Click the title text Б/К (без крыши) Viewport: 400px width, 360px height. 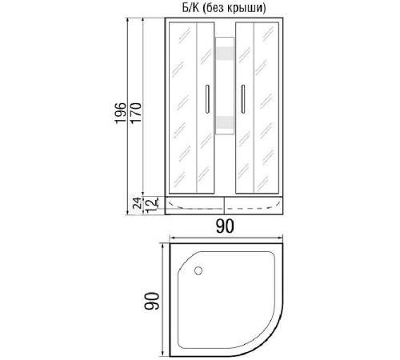pos(224,8)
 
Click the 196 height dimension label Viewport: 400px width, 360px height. pos(120,113)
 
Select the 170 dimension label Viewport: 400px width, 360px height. pos(136,113)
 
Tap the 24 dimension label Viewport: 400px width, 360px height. pos(137,202)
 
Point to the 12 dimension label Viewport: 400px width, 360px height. pos(152,206)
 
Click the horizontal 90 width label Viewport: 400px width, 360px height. pos(225,226)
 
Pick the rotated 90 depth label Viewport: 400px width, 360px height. pos(151,301)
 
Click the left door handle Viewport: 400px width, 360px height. pos(207,99)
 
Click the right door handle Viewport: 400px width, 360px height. pos(243,99)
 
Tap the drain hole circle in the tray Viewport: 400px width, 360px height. pos(198,271)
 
